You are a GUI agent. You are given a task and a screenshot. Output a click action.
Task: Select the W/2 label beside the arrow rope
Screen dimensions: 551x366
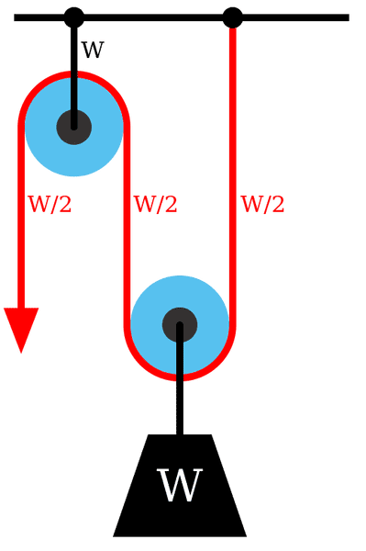click(50, 205)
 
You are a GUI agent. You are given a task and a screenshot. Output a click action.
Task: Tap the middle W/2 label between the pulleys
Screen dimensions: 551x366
click(155, 205)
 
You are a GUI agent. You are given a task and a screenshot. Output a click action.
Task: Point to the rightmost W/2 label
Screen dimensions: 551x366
click(262, 205)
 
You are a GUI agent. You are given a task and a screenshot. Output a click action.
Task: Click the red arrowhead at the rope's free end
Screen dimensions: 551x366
click(20, 330)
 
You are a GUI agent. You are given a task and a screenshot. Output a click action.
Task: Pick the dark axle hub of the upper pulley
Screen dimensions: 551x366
click(73, 125)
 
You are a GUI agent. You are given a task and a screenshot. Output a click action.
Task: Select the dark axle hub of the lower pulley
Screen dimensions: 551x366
click(179, 323)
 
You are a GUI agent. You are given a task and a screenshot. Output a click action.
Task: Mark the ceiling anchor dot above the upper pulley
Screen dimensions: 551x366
click(74, 14)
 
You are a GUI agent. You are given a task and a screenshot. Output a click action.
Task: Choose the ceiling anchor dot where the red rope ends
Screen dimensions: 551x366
click(233, 14)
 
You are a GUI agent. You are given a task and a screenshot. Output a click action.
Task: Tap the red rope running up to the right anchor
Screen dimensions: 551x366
click(233, 138)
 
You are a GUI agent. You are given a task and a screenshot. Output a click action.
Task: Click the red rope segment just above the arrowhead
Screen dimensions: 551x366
click(20, 275)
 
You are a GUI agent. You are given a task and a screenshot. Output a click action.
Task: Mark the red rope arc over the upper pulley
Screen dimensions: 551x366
click(73, 73)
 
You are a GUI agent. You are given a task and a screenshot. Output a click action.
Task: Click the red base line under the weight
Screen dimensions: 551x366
click(179, 537)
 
